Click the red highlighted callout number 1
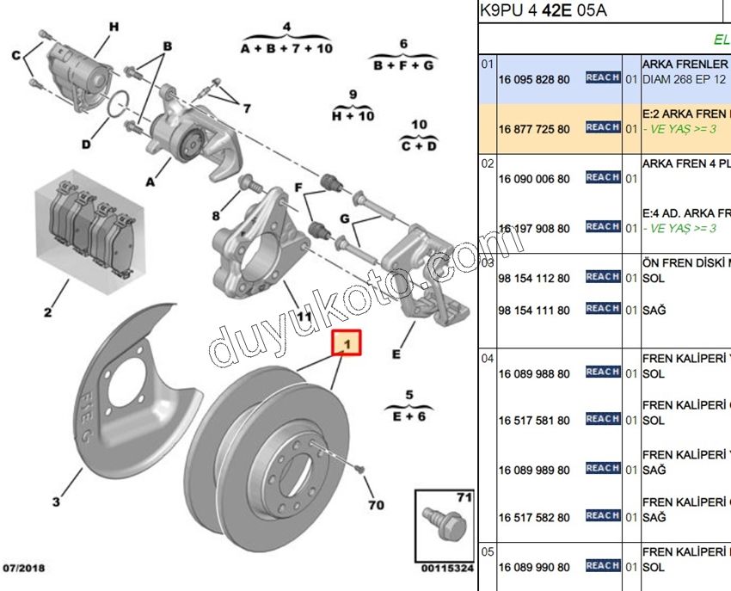click(x=348, y=345)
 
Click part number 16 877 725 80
click(x=533, y=129)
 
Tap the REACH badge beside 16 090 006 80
click(x=603, y=177)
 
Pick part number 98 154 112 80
click(x=533, y=278)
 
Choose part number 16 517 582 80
click(x=533, y=518)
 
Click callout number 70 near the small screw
click(x=375, y=504)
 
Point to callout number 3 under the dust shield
click(x=56, y=502)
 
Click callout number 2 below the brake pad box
click(x=48, y=312)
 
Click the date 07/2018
click(x=24, y=568)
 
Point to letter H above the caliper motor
click(x=113, y=28)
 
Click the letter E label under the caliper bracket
click(x=396, y=354)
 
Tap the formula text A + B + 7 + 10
click(x=286, y=49)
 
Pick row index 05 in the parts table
click(x=487, y=551)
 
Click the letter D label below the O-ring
click(x=86, y=144)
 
